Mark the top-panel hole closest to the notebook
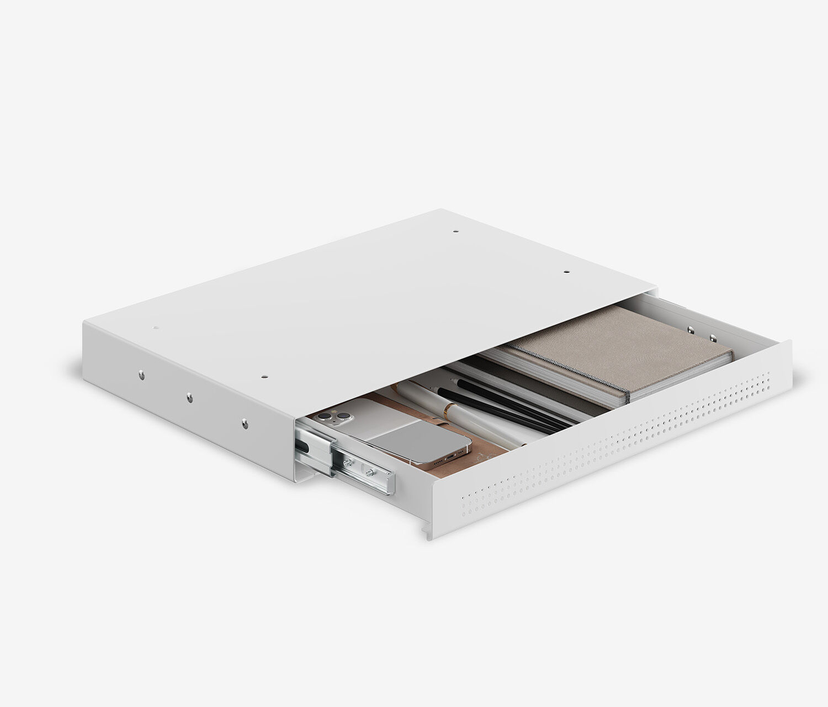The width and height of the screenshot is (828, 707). [x=566, y=272]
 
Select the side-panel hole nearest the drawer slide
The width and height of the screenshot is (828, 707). [x=243, y=423]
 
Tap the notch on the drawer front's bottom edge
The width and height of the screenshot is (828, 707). [x=426, y=532]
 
